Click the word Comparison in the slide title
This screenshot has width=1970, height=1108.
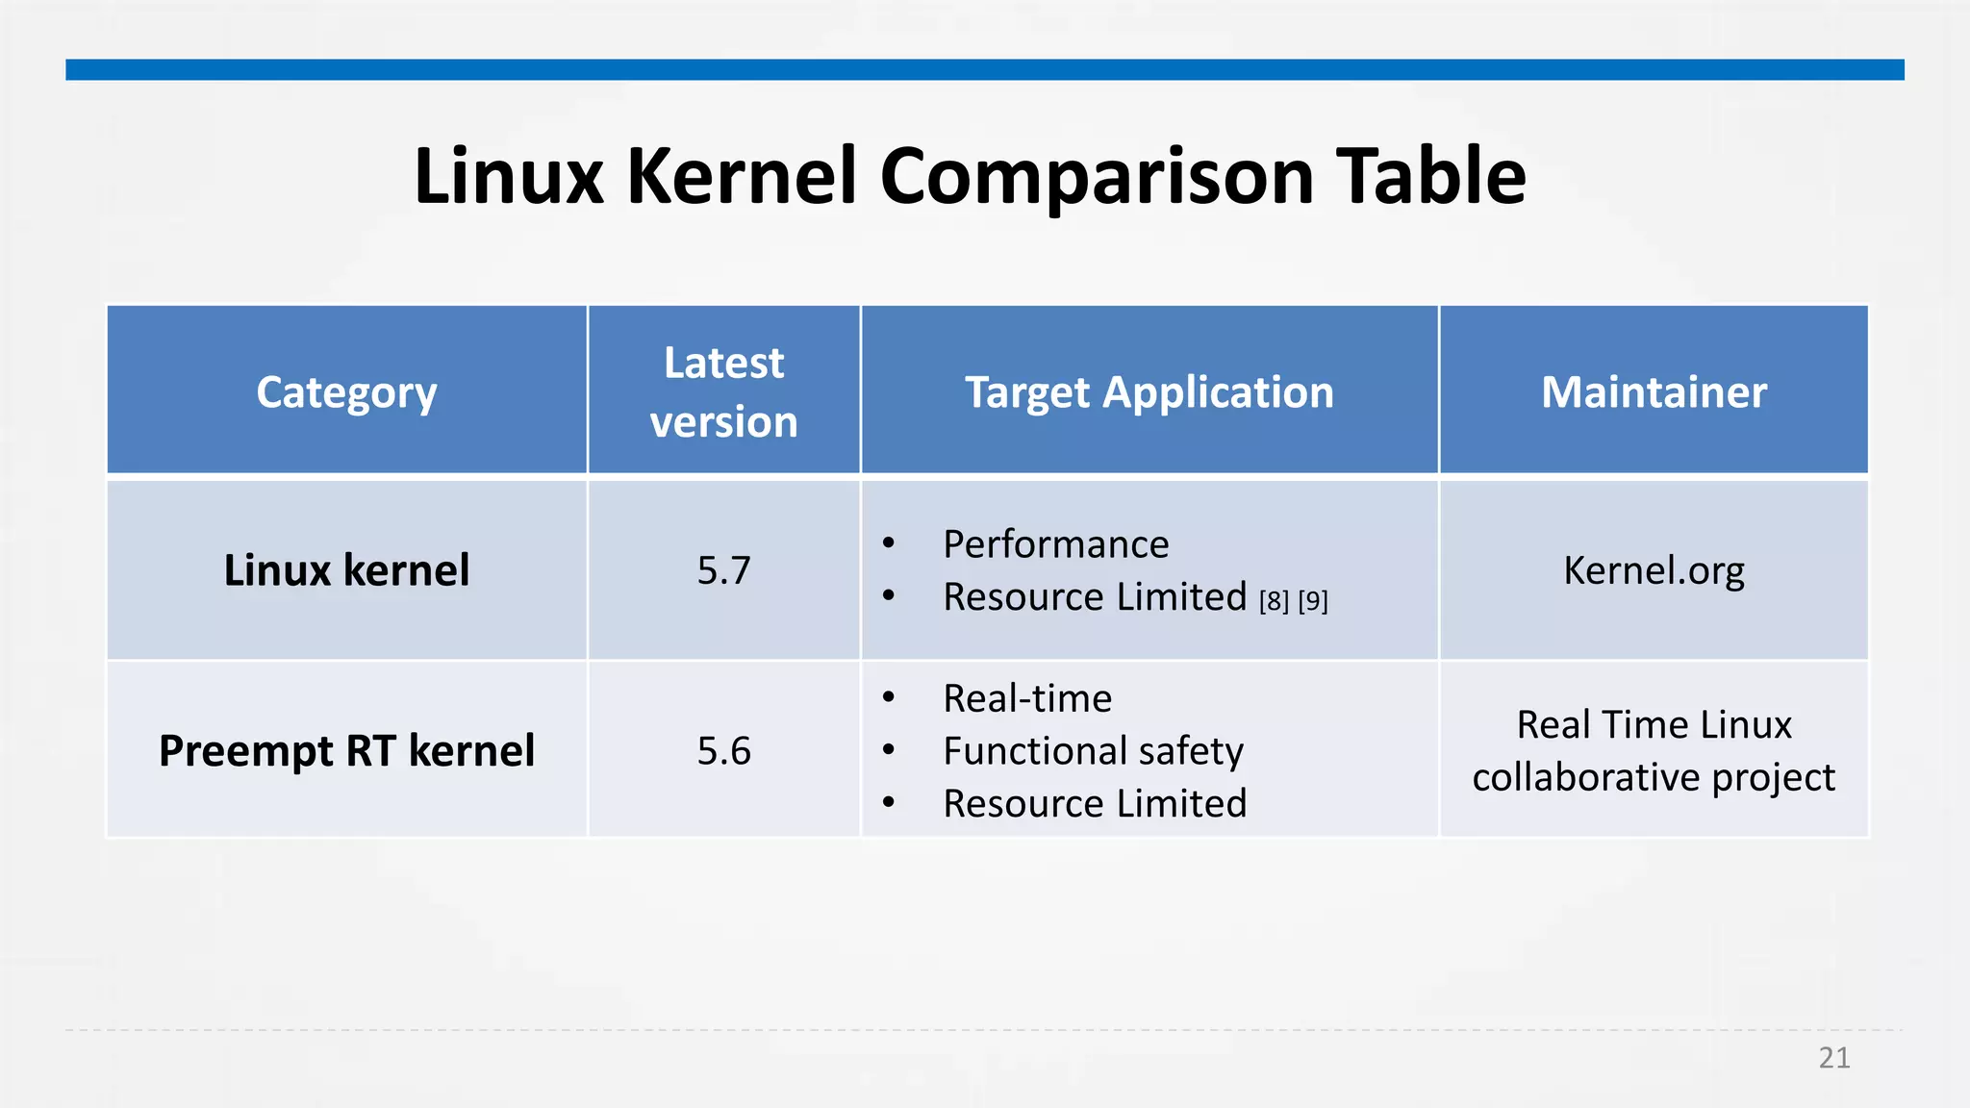click(1097, 177)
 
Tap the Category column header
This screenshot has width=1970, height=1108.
click(346, 392)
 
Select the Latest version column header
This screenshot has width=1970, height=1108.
click(723, 392)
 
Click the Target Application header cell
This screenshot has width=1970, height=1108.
click(1149, 392)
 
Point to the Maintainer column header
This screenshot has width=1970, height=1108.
click(1654, 392)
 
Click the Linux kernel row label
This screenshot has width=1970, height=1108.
click(346, 570)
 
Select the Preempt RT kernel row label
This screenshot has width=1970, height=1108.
click(346, 751)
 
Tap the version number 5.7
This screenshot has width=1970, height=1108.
click(723, 570)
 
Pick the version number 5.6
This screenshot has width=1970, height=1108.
click(723, 751)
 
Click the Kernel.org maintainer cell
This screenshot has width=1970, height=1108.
click(1654, 570)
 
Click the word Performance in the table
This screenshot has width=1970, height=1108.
click(1055, 544)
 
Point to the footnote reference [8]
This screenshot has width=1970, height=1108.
click(1274, 601)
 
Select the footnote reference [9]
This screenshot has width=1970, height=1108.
click(1313, 601)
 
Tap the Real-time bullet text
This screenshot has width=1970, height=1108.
click(1027, 698)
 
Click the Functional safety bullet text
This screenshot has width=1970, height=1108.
click(1093, 751)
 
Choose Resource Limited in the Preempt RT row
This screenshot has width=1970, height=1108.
click(1095, 803)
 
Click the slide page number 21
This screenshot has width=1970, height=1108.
click(1834, 1058)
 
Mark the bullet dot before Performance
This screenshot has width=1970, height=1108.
click(889, 544)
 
